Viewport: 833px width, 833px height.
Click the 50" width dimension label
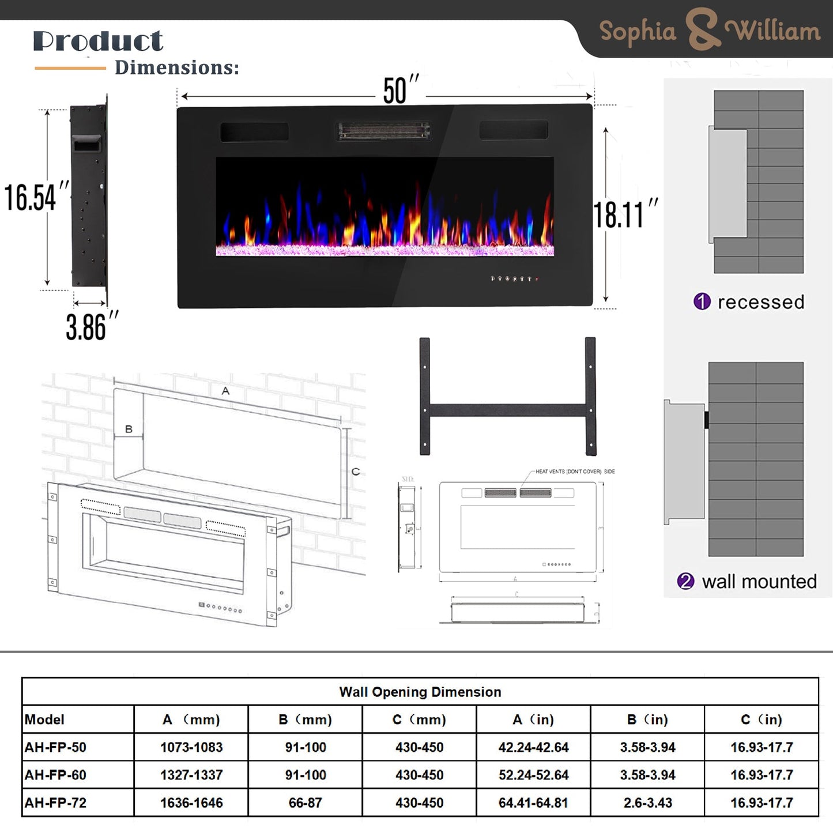pos(399,91)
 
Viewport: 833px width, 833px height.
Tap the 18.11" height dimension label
pos(625,214)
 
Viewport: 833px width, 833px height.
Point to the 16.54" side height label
pos(36,197)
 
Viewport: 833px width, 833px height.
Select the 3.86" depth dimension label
pos(91,327)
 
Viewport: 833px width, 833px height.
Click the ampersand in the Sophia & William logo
pos(702,30)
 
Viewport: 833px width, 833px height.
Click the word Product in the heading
pos(98,41)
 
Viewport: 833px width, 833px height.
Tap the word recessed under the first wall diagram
pos(760,301)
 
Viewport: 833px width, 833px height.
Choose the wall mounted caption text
pos(759,581)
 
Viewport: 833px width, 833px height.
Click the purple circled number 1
pos(702,301)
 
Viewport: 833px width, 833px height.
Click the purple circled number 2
pos(685,581)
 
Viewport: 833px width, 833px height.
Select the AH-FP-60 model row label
pos(55,775)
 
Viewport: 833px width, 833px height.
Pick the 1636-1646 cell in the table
pos(191,802)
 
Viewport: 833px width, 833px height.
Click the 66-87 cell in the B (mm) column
pos(305,802)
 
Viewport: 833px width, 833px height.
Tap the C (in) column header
pos(761,719)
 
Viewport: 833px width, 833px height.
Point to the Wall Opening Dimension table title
pos(420,692)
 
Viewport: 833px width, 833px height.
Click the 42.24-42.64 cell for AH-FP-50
pos(533,747)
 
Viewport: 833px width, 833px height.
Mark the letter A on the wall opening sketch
pos(225,391)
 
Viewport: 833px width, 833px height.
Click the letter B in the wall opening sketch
pos(129,429)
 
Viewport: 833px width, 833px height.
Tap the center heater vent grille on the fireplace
pos(384,131)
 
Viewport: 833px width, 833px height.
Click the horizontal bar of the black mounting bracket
pos(507,410)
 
